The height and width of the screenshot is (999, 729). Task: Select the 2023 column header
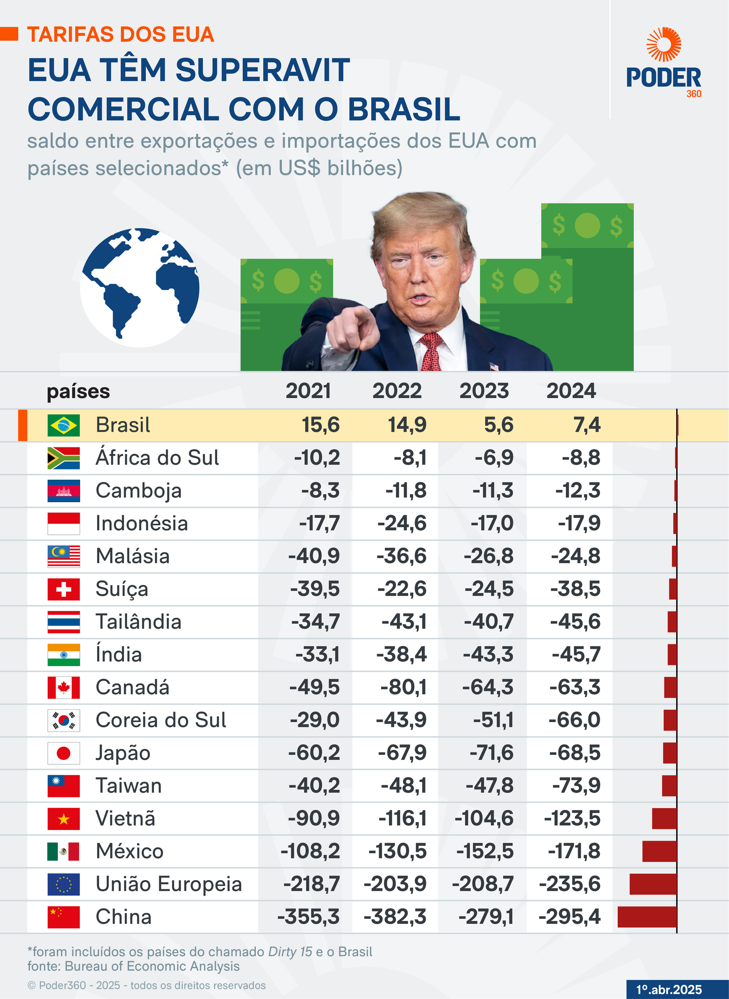pyautogui.click(x=484, y=391)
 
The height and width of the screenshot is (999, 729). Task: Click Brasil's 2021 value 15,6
pyautogui.click(x=321, y=425)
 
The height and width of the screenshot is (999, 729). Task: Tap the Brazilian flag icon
pyautogui.click(x=64, y=425)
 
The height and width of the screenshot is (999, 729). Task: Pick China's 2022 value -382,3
pyautogui.click(x=395, y=917)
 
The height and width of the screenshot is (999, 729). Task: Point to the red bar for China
pyautogui.click(x=647, y=917)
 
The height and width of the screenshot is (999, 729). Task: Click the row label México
pyautogui.click(x=130, y=851)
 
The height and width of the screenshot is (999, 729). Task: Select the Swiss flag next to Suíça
pyautogui.click(x=64, y=589)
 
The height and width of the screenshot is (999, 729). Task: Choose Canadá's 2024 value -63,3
pyautogui.click(x=575, y=687)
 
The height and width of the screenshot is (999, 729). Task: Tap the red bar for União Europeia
pyautogui.click(x=653, y=884)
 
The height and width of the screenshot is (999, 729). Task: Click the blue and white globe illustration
pyautogui.click(x=140, y=287)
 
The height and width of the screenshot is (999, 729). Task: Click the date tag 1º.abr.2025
pyautogui.click(x=669, y=989)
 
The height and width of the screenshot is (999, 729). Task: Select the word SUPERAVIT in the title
pyautogui.click(x=263, y=71)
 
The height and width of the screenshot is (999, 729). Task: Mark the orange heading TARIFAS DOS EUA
pyautogui.click(x=121, y=35)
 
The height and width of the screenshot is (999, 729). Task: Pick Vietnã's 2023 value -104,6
pyautogui.click(x=484, y=819)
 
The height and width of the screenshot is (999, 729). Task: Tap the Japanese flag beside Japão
pyautogui.click(x=64, y=753)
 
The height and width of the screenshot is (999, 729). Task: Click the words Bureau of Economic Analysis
pyautogui.click(x=152, y=966)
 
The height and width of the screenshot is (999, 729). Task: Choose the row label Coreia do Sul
pyautogui.click(x=161, y=720)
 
